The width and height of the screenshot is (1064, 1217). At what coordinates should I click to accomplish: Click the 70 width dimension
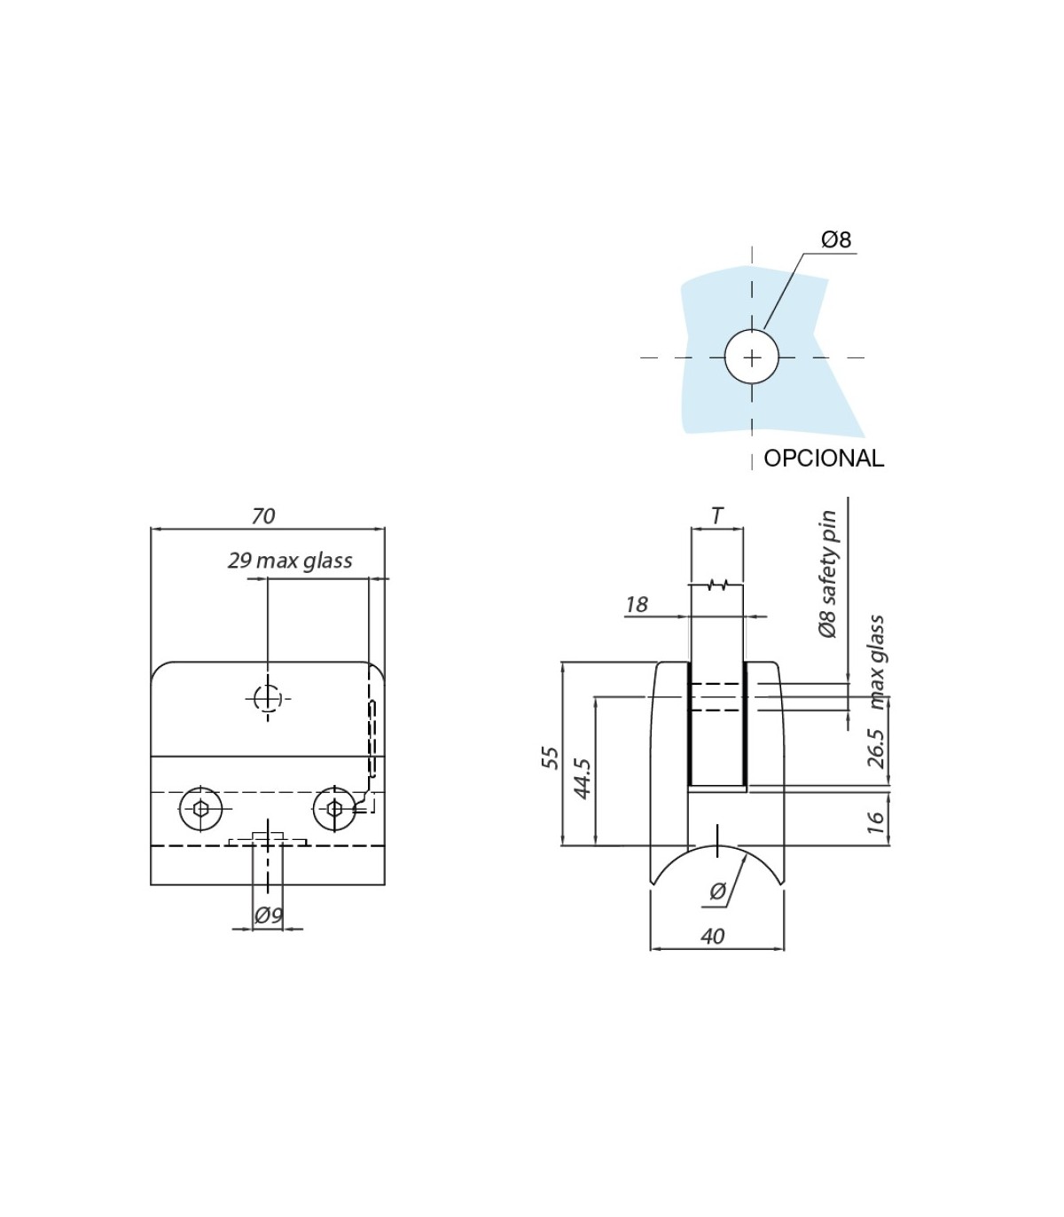(x=263, y=516)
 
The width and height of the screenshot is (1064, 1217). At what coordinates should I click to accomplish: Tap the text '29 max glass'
(x=290, y=561)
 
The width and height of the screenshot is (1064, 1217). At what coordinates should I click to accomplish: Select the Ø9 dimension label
(x=269, y=915)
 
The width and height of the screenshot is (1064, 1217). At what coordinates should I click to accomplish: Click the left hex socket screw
(x=201, y=809)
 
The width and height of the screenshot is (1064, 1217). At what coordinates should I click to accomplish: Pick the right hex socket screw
(x=334, y=809)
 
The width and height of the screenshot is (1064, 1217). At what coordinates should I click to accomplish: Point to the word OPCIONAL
(x=824, y=458)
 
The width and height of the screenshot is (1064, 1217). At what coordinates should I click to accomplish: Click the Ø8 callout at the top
(x=836, y=239)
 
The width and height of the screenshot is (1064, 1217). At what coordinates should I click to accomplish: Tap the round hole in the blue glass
(x=752, y=357)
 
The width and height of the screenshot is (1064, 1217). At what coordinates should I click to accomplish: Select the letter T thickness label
(x=717, y=515)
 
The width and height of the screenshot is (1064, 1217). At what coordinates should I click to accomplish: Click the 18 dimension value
(x=636, y=605)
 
